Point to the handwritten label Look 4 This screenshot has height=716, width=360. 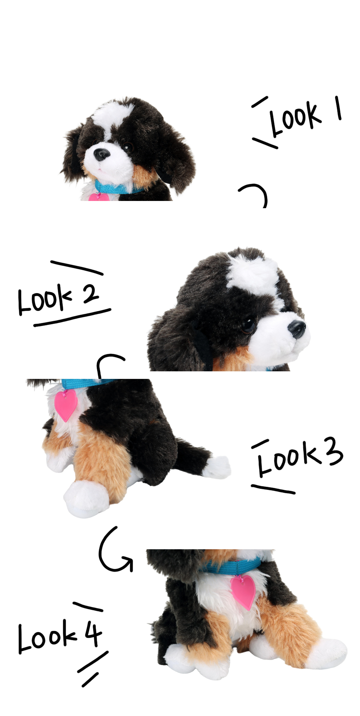[60, 636]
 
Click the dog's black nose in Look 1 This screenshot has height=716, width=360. [102, 155]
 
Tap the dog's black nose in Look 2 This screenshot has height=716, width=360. [297, 329]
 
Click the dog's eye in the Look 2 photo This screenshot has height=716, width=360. [248, 325]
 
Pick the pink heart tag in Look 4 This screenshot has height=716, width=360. [243, 592]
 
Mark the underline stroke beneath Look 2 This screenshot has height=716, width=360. [72, 317]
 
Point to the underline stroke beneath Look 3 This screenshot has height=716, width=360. [273, 489]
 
